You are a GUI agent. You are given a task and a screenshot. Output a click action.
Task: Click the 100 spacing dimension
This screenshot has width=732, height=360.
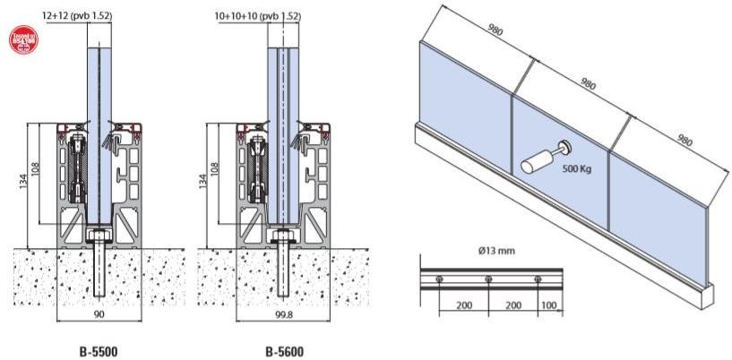tap(548, 305)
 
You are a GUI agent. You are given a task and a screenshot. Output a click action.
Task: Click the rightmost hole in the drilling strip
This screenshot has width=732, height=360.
tap(537, 280)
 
